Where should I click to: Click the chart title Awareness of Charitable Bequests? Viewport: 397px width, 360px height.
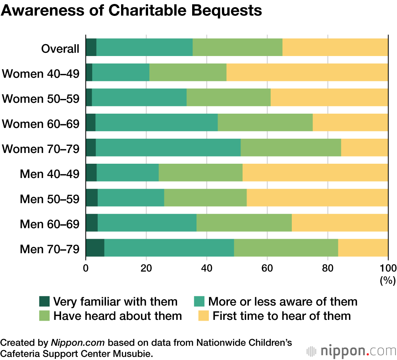(131, 11)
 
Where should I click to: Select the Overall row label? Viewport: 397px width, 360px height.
(60, 49)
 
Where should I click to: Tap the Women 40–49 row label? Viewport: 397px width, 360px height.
(41, 74)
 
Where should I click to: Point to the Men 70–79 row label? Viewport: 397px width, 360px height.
(50, 249)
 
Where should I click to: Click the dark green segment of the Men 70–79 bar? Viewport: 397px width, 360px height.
(95, 248)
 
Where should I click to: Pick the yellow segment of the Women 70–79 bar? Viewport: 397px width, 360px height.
(364, 148)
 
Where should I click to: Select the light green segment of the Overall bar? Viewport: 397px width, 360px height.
(237, 48)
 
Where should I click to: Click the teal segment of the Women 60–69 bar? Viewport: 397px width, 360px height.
(156, 123)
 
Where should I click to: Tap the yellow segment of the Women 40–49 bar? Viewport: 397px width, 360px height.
(307, 73)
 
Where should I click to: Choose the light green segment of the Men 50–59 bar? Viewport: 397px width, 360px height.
(205, 198)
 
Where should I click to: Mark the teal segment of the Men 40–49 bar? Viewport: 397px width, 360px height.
(127, 173)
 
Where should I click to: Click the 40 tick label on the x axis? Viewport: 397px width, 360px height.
(206, 268)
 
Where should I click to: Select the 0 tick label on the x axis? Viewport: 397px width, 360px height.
(86, 268)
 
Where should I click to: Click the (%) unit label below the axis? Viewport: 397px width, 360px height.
(387, 281)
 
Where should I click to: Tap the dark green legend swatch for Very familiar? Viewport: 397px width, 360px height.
(44, 301)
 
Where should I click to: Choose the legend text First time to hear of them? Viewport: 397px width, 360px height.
(282, 316)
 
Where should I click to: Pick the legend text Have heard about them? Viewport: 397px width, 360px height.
(118, 316)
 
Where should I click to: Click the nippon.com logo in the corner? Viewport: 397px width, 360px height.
(351, 351)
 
